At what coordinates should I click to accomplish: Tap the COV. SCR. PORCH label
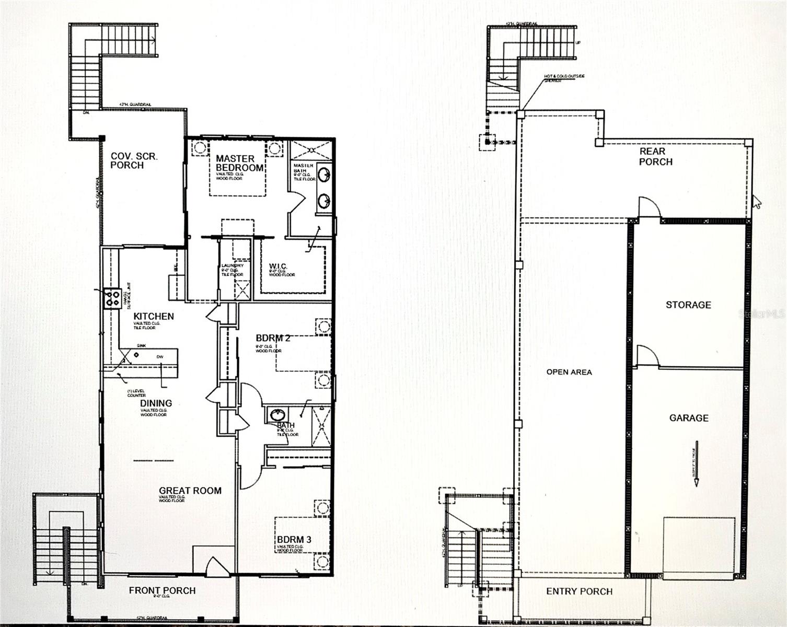134,160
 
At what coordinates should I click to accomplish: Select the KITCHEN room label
154,316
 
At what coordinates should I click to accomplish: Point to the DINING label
156,403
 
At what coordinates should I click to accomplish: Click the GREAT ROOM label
190,490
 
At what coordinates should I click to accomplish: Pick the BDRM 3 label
294,539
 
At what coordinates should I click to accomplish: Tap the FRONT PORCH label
162,590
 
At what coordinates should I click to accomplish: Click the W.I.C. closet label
278,266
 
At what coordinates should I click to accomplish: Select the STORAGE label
688,305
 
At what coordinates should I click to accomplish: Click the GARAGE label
689,417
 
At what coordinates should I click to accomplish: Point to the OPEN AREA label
569,372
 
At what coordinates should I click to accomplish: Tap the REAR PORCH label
655,157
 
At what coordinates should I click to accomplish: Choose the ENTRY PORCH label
579,591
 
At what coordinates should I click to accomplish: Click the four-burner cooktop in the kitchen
112,298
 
